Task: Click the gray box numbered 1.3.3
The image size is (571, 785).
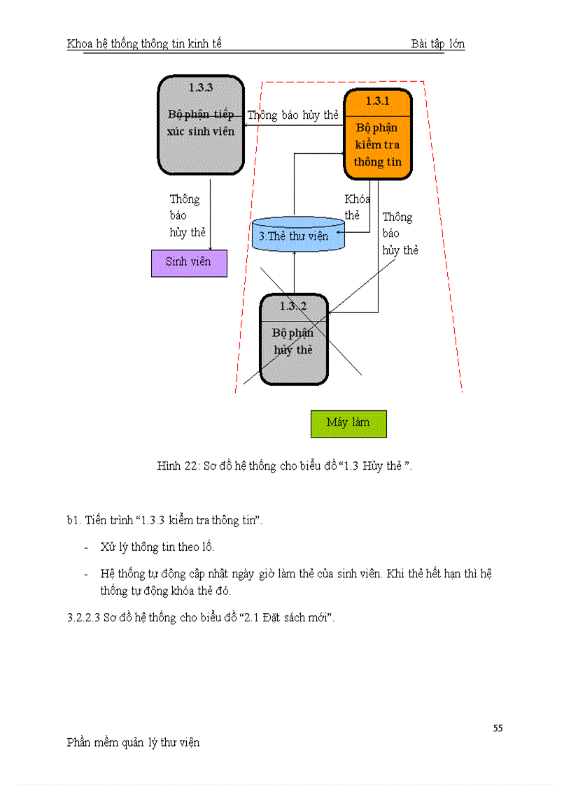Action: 200,126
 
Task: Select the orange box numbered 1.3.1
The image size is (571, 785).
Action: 377,135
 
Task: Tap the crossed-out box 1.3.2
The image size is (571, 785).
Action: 294,340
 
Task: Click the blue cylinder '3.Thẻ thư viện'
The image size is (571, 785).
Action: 298,235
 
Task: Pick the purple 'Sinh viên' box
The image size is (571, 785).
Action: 189,262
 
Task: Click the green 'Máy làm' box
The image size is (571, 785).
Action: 348,423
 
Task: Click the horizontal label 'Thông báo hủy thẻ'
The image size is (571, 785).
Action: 293,115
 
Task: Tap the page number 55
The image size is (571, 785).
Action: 498,728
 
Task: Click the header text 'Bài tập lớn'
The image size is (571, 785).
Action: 438,44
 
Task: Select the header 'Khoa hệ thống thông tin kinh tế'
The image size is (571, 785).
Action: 144,44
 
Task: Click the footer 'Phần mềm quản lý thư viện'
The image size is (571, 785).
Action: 133,742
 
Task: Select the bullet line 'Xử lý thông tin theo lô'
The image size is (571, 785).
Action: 157,547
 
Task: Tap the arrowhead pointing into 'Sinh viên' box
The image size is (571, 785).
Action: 211,246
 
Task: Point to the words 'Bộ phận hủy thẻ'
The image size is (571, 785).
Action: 293,341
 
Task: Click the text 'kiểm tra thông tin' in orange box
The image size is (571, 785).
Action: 378,153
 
